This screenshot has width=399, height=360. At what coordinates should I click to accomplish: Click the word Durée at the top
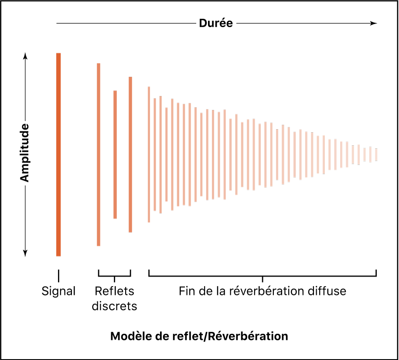(x=216, y=23)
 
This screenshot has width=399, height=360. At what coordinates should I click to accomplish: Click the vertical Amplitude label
(x=25, y=153)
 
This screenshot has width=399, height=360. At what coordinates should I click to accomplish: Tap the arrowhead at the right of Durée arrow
(x=373, y=23)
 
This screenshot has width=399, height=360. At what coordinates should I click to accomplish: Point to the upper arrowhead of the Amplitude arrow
(x=25, y=56)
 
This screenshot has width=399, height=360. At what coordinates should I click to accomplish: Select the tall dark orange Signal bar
(x=58, y=154)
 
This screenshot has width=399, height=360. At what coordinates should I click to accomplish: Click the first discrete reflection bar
(x=99, y=154)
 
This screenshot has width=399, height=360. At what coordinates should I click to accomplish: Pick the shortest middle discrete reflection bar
(x=115, y=154)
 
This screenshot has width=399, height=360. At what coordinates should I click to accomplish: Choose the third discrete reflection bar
(x=130, y=154)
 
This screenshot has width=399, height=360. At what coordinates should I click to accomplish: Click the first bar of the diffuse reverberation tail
(x=149, y=154)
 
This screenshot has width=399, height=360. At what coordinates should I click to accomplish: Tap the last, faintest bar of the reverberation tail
(x=376, y=154)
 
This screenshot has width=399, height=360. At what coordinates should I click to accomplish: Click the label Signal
(x=58, y=291)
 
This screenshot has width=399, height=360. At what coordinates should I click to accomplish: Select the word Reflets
(x=114, y=291)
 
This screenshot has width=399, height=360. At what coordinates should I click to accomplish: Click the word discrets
(x=114, y=306)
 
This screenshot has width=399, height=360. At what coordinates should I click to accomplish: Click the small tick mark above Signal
(x=58, y=275)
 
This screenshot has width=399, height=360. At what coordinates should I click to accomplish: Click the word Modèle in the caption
(x=128, y=336)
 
